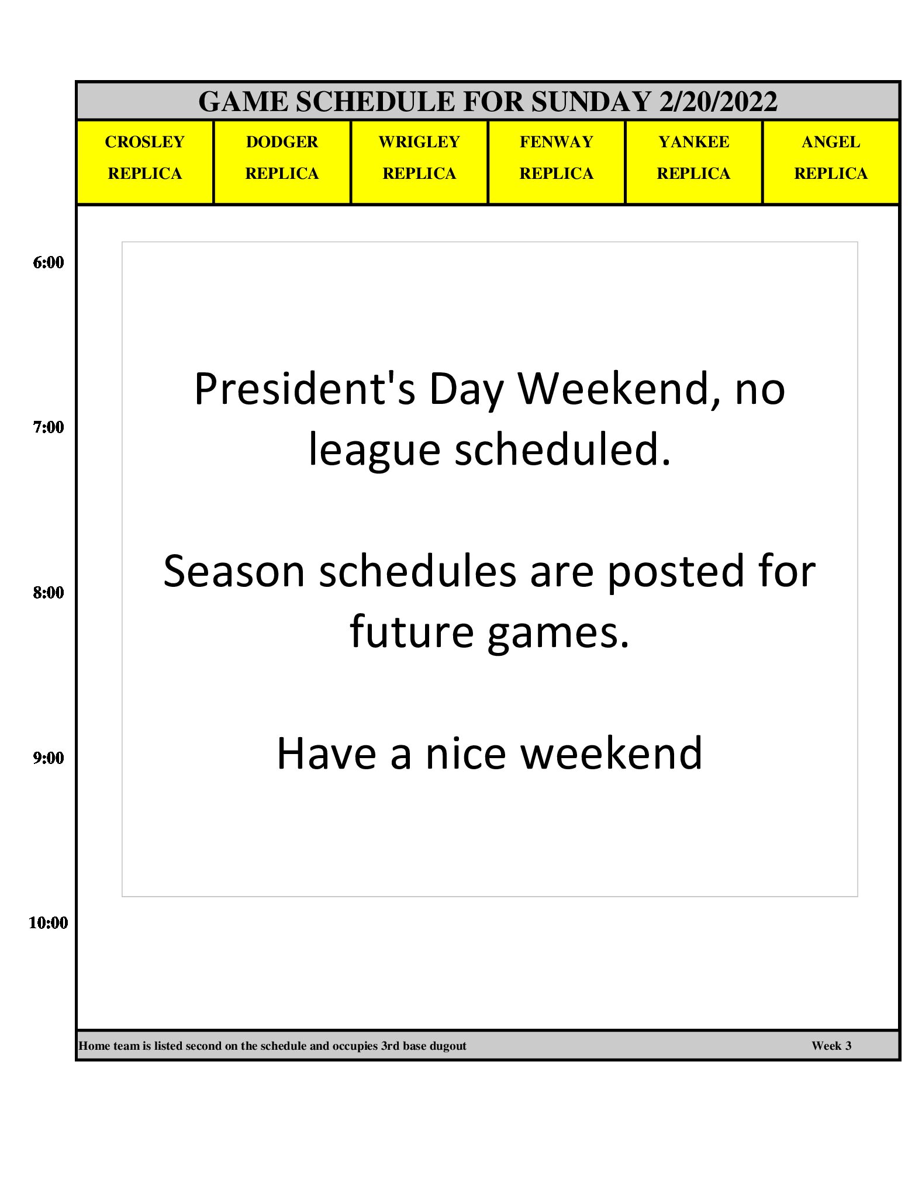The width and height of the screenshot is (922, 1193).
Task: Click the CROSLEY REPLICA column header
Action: click(x=145, y=162)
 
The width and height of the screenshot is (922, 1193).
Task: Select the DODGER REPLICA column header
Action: click(x=282, y=162)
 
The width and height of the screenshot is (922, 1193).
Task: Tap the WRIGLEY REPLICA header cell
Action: click(x=419, y=162)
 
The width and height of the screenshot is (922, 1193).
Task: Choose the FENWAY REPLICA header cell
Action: click(x=557, y=162)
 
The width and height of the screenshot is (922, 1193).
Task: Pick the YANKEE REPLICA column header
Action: click(x=694, y=162)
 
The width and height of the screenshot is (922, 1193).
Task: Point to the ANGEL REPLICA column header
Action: click(x=831, y=162)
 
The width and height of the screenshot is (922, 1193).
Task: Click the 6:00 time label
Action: click(x=49, y=262)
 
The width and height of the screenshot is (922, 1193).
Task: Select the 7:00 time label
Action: click(x=49, y=427)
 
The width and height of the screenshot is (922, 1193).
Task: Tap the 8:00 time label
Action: click(x=49, y=593)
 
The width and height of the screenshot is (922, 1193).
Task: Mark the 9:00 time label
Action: click(x=49, y=758)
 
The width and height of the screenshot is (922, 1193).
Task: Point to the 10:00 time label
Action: click(x=49, y=923)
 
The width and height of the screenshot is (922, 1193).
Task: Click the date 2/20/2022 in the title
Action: click(x=719, y=102)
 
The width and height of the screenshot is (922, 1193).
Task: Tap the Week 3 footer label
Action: click(x=831, y=1046)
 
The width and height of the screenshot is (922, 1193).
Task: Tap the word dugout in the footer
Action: click(x=448, y=1046)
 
